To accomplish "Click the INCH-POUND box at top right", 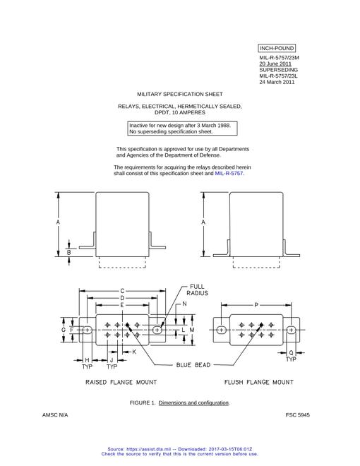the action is (277, 48).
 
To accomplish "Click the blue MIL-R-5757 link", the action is (229, 173).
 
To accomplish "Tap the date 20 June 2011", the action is (275, 64).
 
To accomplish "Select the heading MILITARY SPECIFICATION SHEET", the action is (180, 94).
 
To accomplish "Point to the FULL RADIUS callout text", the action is (197, 289).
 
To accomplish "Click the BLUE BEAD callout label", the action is (193, 364).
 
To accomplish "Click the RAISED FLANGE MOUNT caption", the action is (121, 382).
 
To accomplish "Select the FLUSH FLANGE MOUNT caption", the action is (259, 382).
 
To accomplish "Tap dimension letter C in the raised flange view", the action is (122, 291).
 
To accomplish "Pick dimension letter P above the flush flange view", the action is (256, 305).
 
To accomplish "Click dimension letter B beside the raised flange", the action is (69, 253).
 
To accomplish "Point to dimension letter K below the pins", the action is (134, 352).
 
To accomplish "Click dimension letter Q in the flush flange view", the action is (291, 353).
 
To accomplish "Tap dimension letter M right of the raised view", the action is (192, 330).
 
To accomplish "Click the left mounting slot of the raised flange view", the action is (87, 330).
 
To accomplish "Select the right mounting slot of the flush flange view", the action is (291, 330).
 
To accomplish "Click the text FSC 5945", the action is (298, 415).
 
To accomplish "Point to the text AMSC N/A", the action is (55, 415).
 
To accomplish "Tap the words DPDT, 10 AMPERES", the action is (180, 112).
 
